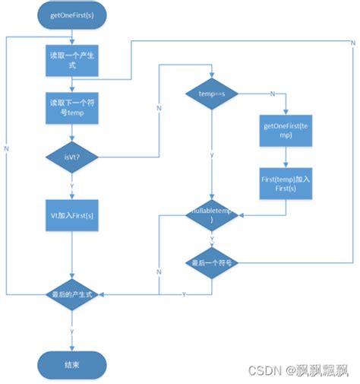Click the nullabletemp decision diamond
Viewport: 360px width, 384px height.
pyautogui.click(x=212, y=217)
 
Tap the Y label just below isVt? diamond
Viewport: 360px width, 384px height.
pyautogui.click(x=72, y=185)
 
